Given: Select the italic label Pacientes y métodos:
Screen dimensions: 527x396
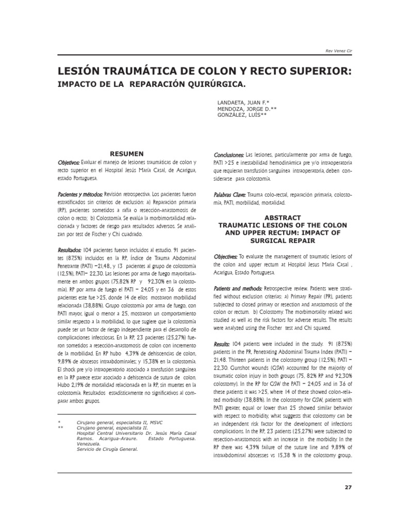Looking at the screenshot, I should pos(80,196).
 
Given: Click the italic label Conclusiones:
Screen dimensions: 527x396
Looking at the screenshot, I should pos(229,155).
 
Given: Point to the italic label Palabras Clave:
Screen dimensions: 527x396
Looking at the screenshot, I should pos(230,195).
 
